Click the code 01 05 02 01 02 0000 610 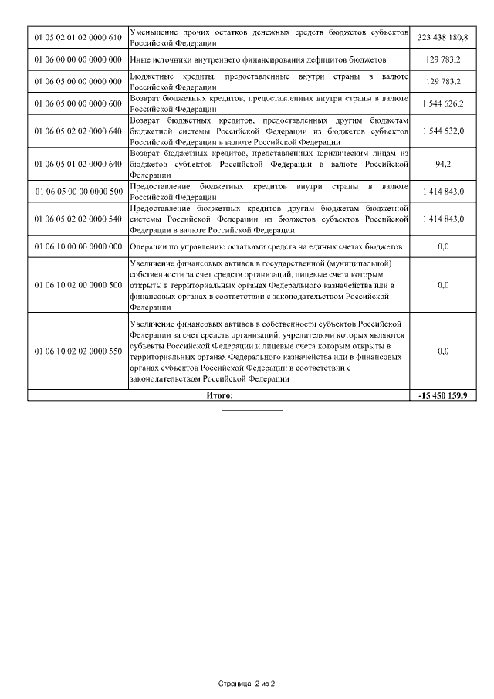[78, 37]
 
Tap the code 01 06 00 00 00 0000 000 [78, 59]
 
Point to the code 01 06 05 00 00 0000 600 [78, 103]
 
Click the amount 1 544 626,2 [443, 103]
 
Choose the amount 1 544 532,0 [443, 131]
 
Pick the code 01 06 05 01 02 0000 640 [78, 164]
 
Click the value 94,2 [443, 164]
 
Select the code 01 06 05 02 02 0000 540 [78, 219]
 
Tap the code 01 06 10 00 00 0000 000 [78, 246]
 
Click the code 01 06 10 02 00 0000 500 [78, 285]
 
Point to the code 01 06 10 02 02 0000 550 [78, 351]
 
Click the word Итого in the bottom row [219, 395]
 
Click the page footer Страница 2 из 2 [247, 684]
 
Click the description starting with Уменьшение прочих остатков [268, 37]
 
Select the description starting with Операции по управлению [266, 246]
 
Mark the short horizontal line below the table [252, 410]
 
